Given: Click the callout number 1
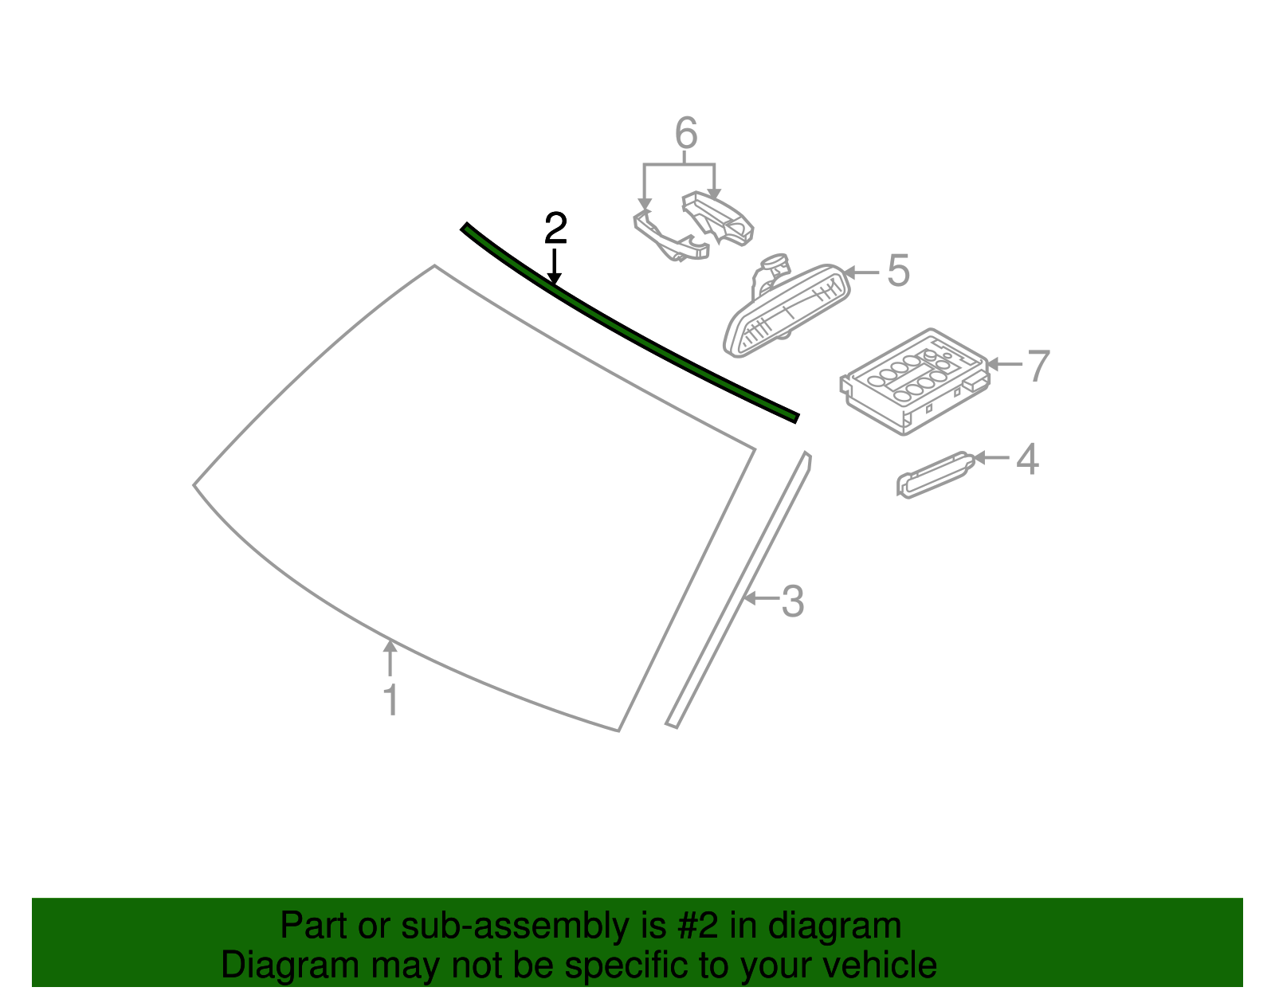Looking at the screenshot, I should (390, 700).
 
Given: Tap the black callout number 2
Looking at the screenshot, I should (555, 229).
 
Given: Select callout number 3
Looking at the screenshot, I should (793, 601).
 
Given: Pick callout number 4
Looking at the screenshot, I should (1028, 460).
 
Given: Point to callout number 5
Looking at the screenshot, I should (898, 272).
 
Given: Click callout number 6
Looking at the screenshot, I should (686, 133).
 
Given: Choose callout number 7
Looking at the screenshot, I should (1038, 366).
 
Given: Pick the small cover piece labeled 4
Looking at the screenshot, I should (932, 476).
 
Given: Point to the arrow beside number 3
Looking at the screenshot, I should (761, 598).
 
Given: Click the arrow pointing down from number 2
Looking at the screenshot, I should (554, 266).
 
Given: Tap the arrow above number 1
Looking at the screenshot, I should (390, 657).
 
